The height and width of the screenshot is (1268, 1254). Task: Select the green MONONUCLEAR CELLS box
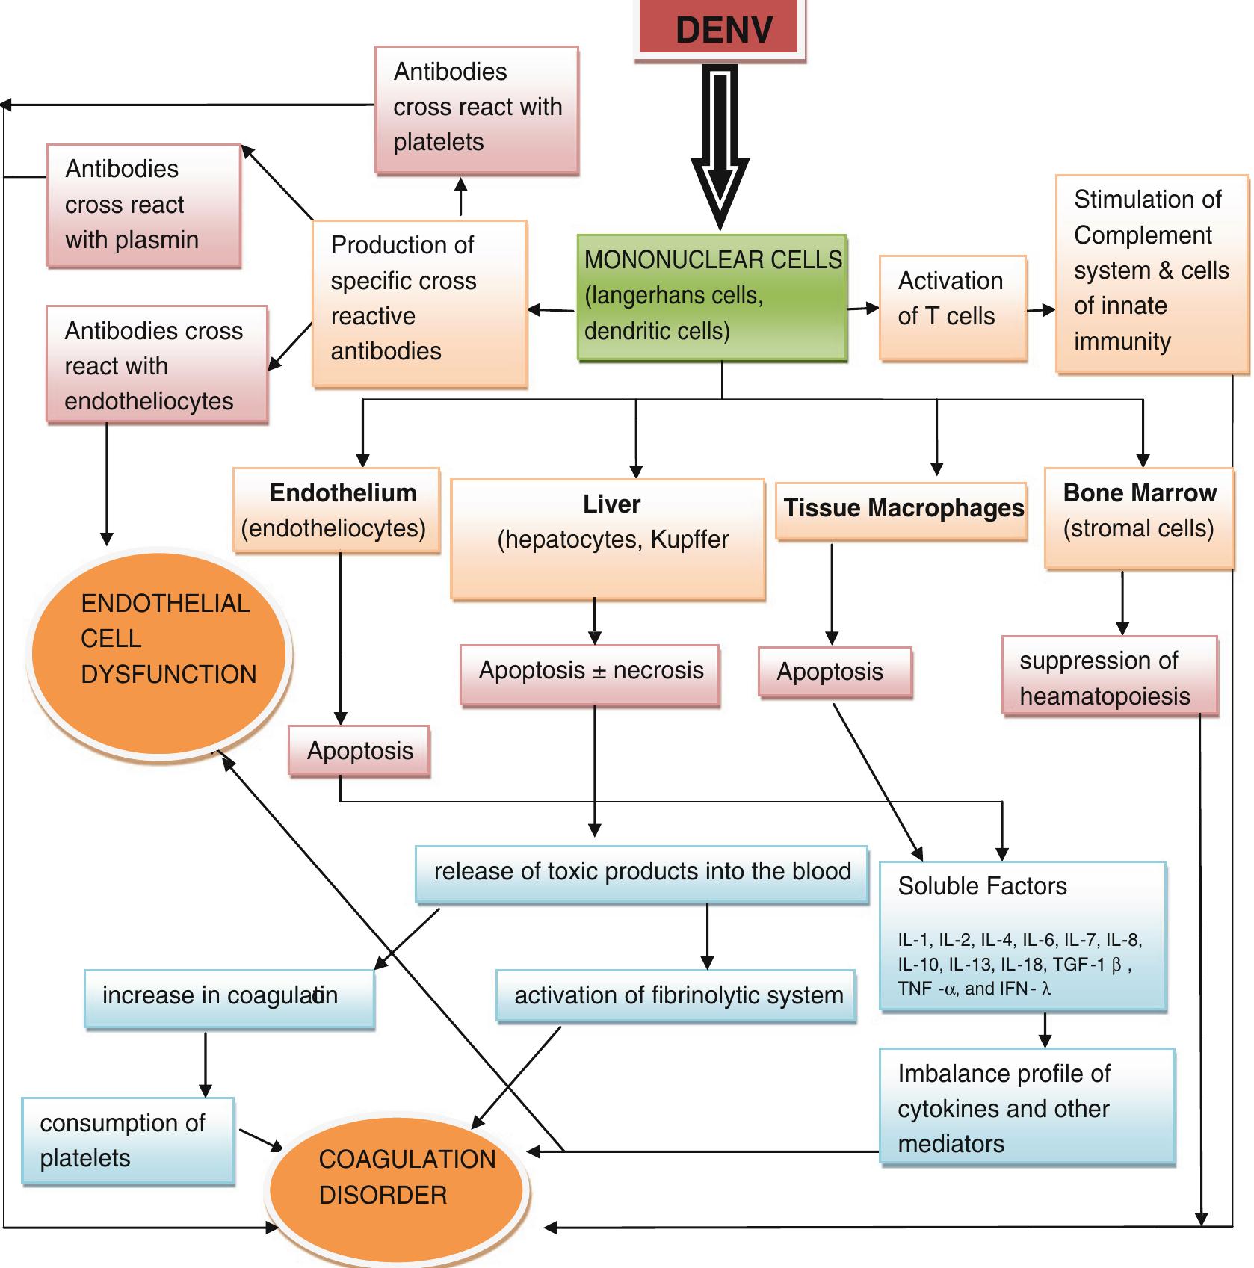point(712,297)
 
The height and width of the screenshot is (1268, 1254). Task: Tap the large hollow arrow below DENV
point(720,149)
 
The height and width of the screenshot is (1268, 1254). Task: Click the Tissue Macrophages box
point(902,510)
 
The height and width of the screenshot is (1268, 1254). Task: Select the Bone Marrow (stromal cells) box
point(1138,518)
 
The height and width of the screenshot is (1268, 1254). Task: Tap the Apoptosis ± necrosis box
point(590,673)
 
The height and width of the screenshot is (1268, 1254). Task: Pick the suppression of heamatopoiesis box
point(1109,677)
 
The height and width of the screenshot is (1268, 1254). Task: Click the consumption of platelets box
point(128,1139)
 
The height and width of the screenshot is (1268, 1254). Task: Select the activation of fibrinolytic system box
point(676,995)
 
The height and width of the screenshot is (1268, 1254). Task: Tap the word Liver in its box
point(611,504)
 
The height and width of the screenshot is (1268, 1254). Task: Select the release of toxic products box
point(641,873)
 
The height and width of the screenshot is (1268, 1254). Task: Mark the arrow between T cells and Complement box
point(1041,310)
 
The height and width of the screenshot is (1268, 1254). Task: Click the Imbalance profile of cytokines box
point(1027,1107)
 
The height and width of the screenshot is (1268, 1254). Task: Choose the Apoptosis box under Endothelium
point(359,751)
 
